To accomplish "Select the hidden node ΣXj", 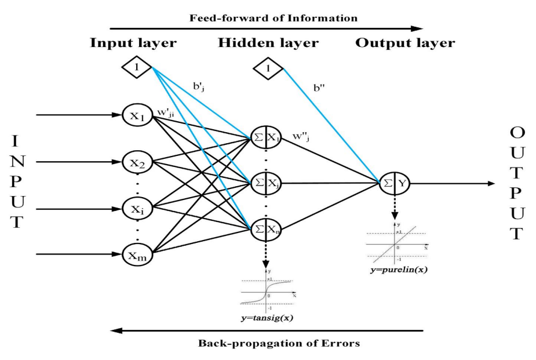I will coord(266,183).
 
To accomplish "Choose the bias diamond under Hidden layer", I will coord(268,70).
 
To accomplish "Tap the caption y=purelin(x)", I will coord(396,270).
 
